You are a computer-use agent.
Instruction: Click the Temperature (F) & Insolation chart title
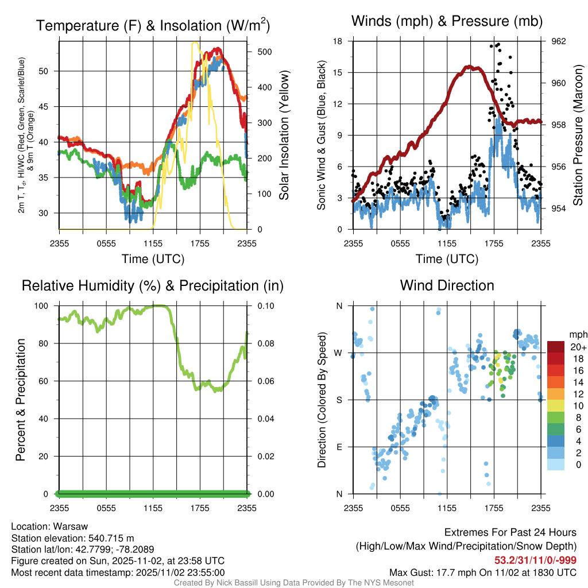click(x=153, y=25)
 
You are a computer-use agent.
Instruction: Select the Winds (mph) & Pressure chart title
click(x=447, y=21)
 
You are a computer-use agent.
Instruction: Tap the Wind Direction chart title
click(x=447, y=285)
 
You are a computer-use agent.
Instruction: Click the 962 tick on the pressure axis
click(x=559, y=41)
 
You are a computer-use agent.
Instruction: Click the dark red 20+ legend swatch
click(x=557, y=347)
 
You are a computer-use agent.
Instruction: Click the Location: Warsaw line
click(x=49, y=527)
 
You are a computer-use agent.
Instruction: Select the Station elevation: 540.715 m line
click(x=72, y=538)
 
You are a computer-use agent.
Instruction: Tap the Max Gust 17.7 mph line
click(x=482, y=572)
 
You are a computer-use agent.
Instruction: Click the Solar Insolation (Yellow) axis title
click(x=284, y=135)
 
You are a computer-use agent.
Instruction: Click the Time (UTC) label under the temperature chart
click(x=153, y=259)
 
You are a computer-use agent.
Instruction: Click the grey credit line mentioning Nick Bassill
click(x=294, y=583)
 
